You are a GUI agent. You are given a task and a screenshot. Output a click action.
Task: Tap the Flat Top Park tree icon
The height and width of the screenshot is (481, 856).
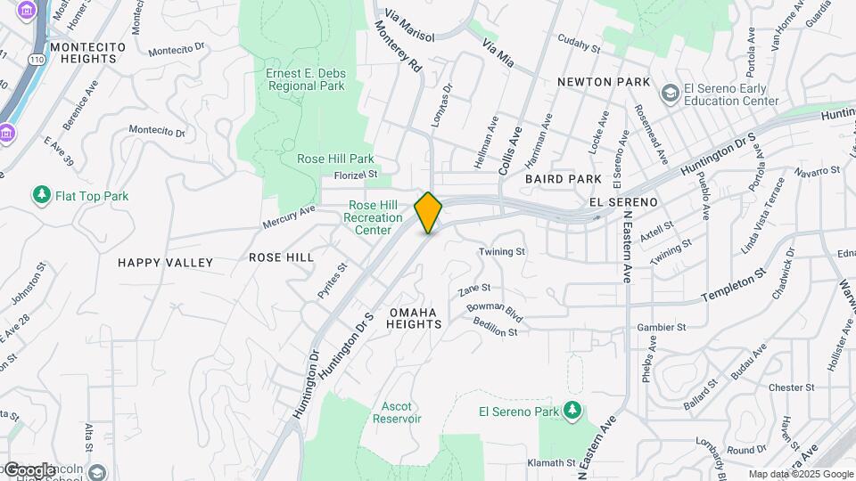point(40,195)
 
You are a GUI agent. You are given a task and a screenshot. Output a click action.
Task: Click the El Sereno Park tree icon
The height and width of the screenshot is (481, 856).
point(572,411)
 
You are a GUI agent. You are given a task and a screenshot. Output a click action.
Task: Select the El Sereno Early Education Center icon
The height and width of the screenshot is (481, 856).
point(670,94)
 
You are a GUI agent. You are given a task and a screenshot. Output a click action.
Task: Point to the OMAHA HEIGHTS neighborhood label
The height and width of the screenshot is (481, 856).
point(414,318)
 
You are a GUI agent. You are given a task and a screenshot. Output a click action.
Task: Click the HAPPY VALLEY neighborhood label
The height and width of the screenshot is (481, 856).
point(166,263)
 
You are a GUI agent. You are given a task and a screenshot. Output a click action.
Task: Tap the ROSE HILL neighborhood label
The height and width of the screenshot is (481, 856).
point(281,257)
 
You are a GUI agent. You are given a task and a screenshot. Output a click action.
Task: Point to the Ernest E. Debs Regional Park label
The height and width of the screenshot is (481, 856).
point(305,79)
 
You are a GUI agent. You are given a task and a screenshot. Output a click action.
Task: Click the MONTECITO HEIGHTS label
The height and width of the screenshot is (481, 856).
point(84,53)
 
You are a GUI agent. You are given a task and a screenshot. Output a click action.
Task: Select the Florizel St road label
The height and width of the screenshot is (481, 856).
point(356,175)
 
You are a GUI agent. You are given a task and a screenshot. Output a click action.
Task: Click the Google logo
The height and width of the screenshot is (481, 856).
point(29,469)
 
